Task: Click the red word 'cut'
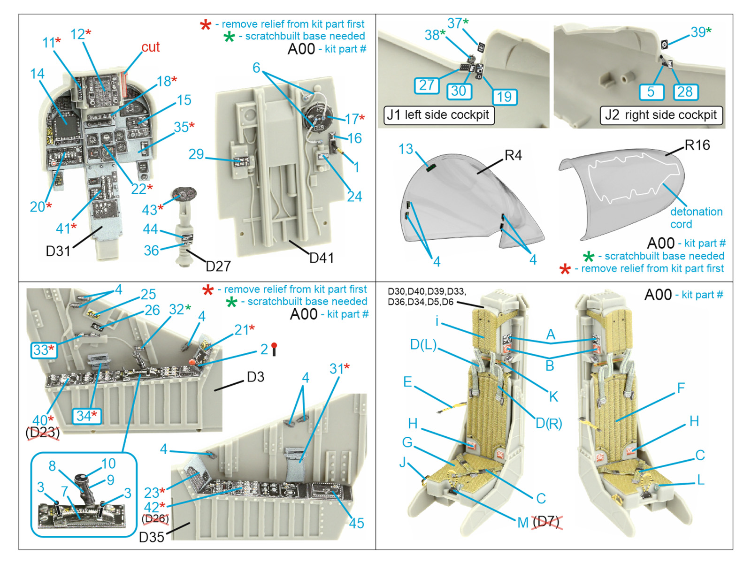pyautogui.click(x=150, y=47)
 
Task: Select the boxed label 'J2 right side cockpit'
pyautogui.click(x=661, y=115)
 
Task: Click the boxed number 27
pyautogui.click(x=426, y=85)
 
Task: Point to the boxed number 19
pyautogui.click(x=504, y=97)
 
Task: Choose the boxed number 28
pyautogui.click(x=685, y=91)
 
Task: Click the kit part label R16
pyautogui.click(x=697, y=145)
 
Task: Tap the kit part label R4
pyautogui.click(x=513, y=155)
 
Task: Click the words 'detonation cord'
pyautogui.click(x=696, y=218)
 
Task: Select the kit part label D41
pyautogui.click(x=322, y=258)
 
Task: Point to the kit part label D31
pyautogui.click(x=58, y=251)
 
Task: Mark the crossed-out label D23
pyautogui.click(x=43, y=432)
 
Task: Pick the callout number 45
pyautogui.click(x=356, y=523)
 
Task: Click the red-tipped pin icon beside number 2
pyautogui.click(x=274, y=349)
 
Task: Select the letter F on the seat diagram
pyautogui.click(x=681, y=388)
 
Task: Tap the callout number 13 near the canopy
pyautogui.click(x=406, y=149)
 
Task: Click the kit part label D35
pyautogui.click(x=151, y=537)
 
